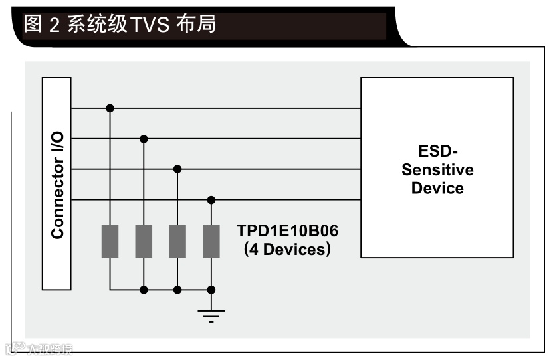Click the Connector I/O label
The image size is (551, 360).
(58, 185)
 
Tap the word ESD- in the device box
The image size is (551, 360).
(437, 151)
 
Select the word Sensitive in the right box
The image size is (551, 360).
(437, 169)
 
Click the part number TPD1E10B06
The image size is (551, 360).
(287, 231)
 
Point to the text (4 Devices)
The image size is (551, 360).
(287, 250)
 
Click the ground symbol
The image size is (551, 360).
(211, 315)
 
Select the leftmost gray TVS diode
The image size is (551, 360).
(110, 241)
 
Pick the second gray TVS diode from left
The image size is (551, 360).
(144, 241)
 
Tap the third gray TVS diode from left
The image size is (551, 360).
(177, 241)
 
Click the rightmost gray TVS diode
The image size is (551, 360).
(211, 241)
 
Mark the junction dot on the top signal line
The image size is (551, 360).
(110, 108)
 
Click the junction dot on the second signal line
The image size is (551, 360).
(144, 139)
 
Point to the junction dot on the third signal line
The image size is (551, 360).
(177, 169)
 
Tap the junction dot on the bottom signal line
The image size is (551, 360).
(211, 199)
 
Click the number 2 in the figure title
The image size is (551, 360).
(55, 25)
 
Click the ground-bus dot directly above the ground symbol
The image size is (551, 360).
(211, 290)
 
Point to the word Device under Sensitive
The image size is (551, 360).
(437, 188)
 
